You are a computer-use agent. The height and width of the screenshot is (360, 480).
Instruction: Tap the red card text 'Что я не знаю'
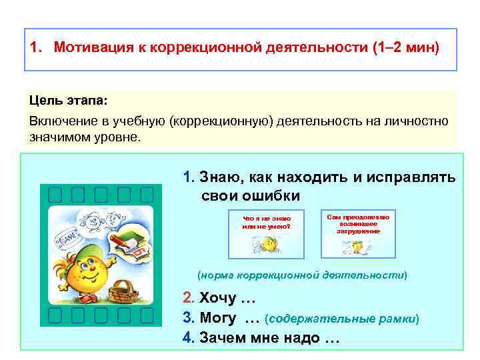tap(266, 218)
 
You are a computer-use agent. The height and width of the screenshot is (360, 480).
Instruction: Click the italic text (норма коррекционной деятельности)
tap(302, 275)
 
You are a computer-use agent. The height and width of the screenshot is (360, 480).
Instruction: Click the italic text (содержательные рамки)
tap(342, 319)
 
